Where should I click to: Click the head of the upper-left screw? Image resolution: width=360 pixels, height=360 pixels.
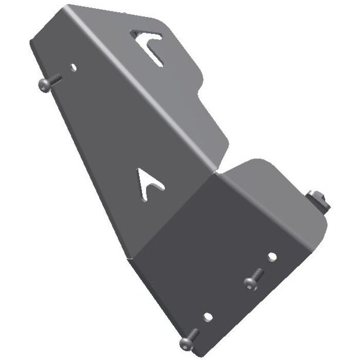(44, 85)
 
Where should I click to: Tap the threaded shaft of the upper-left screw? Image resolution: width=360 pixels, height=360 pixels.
(55, 79)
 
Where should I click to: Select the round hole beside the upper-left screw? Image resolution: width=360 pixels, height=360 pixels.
(73, 67)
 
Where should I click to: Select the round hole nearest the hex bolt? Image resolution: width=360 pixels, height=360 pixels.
(272, 256)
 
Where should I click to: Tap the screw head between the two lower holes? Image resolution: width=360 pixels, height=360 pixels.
(250, 282)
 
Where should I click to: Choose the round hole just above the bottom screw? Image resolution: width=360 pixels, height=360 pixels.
(207, 317)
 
